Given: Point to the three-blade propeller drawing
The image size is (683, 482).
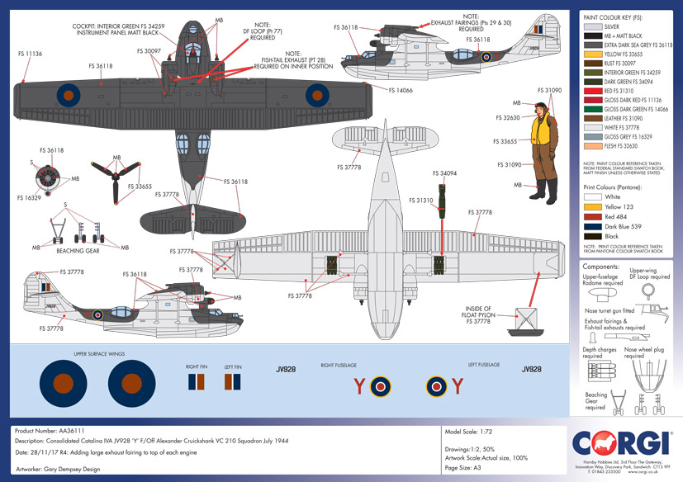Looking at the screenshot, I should pyautogui.click(x=123, y=181).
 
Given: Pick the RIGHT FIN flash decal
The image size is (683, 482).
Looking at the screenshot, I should pyautogui.click(x=196, y=382).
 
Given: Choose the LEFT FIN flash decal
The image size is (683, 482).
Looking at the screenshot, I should pyautogui.click(x=234, y=382).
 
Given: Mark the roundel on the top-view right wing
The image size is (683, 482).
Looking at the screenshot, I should pyautogui.click(x=319, y=92).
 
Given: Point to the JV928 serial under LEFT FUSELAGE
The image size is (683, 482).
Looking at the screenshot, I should pyautogui.click(x=532, y=370).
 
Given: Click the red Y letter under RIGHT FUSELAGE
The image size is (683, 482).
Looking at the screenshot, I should pyautogui.click(x=359, y=385).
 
